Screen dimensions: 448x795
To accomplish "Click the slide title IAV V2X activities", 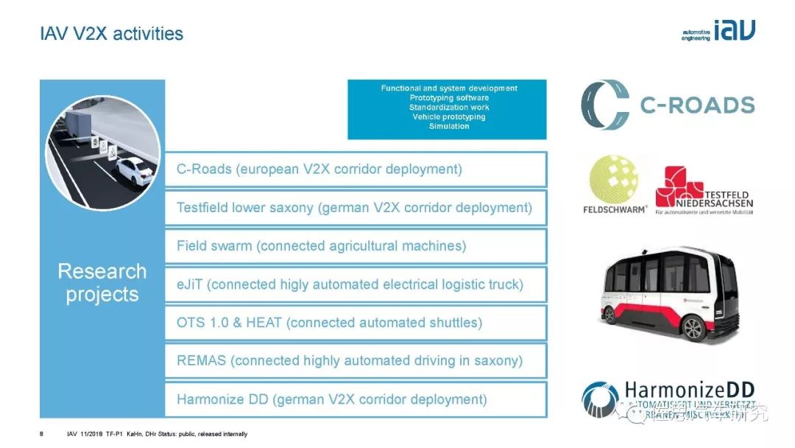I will (x=111, y=34).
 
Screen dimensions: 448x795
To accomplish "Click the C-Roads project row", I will (x=356, y=169).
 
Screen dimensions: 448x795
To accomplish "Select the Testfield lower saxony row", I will (x=356, y=208).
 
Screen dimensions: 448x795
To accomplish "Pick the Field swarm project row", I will (x=356, y=246).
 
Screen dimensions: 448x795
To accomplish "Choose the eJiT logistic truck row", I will (x=356, y=284).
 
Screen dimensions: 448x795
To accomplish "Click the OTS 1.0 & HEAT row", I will (x=356, y=323).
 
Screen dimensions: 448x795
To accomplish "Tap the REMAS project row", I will (x=356, y=361).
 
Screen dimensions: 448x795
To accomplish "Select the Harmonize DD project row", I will (x=356, y=399).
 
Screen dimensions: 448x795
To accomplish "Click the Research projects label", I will (x=102, y=283).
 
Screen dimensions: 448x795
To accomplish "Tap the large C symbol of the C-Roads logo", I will (x=605, y=105).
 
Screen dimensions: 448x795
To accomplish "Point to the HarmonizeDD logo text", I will (x=689, y=391).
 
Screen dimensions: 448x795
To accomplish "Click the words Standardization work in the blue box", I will (x=449, y=108).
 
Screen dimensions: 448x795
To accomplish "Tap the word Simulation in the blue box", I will (x=449, y=126).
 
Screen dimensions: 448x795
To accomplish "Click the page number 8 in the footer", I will (x=41, y=434).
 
